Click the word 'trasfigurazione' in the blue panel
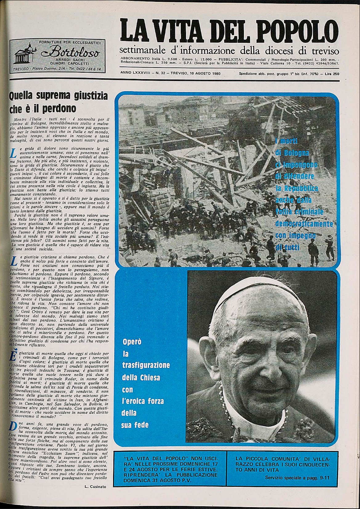point(146,366)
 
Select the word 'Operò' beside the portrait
point(132,341)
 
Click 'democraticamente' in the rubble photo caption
point(304,224)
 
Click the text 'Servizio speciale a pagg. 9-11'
point(297,478)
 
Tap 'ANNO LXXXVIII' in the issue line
point(135,74)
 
